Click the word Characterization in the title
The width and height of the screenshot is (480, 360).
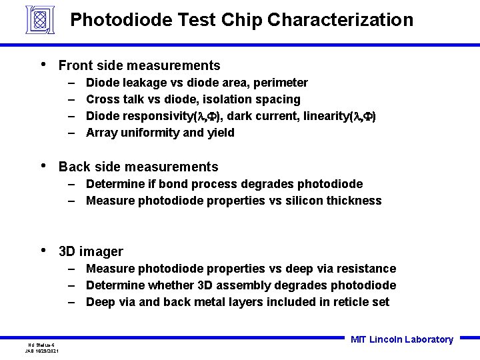pyautogui.click(x=340, y=20)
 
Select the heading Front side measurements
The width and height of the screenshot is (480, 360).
pyautogui.click(x=139, y=65)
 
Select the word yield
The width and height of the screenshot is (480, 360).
pyautogui.click(x=221, y=133)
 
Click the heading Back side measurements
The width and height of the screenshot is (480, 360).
pyautogui.click(x=138, y=167)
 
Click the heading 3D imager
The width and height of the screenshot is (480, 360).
pyautogui.click(x=91, y=251)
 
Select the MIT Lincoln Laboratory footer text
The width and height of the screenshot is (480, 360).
pyautogui.click(x=401, y=339)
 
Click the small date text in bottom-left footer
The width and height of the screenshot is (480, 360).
pyautogui.click(x=42, y=350)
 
